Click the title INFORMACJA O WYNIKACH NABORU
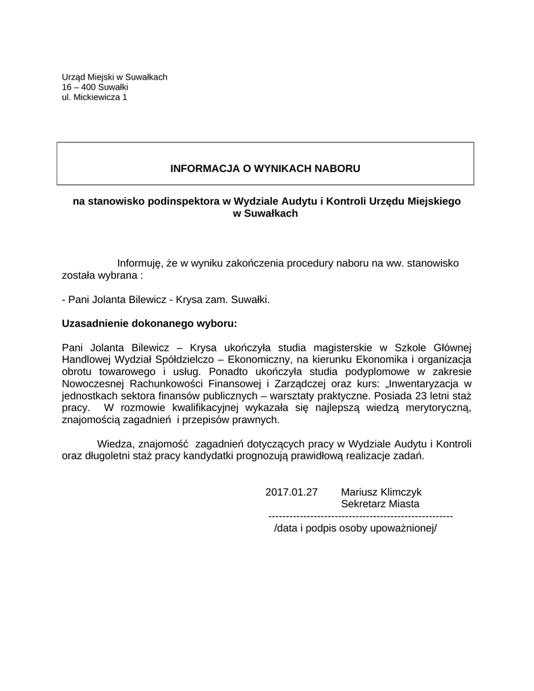pyautogui.click(x=265, y=167)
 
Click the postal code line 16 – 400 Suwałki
pyautogui.click(x=95, y=87)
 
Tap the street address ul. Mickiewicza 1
pyautogui.click(x=94, y=97)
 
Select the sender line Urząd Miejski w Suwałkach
pyautogui.click(x=114, y=77)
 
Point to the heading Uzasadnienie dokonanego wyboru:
pyautogui.click(x=149, y=323)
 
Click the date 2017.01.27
pyautogui.click(x=292, y=492)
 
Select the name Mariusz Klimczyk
pyautogui.click(x=381, y=492)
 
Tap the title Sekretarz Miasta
pyautogui.click(x=380, y=503)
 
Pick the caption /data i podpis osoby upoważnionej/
pyautogui.click(x=356, y=528)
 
